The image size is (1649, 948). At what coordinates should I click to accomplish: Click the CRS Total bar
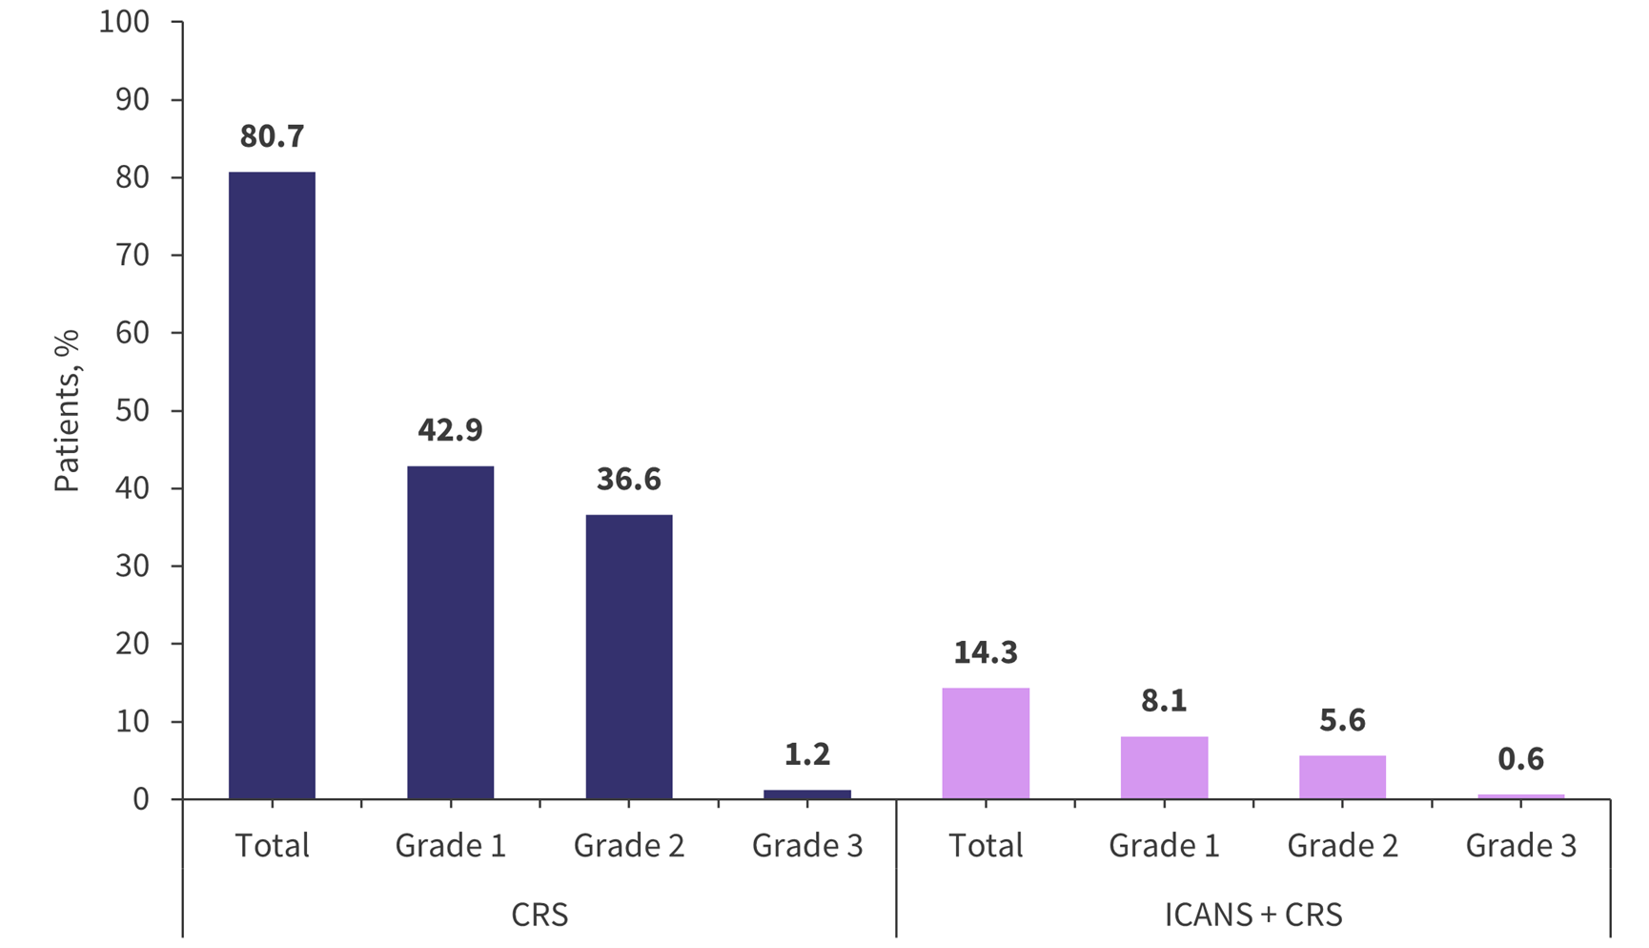pyautogui.click(x=272, y=485)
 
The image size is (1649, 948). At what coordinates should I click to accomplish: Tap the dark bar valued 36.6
pyautogui.click(x=628, y=657)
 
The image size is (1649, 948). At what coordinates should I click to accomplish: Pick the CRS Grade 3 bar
pyautogui.click(x=806, y=794)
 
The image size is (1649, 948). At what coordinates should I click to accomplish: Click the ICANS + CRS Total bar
pyautogui.click(x=985, y=743)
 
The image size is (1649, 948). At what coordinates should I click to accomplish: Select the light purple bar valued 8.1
pyautogui.click(x=1164, y=768)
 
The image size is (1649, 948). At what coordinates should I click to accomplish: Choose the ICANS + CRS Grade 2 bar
pyautogui.click(x=1342, y=777)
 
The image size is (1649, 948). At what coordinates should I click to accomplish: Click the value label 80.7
pyautogui.click(x=272, y=136)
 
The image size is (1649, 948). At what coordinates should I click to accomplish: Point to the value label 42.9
pyautogui.click(x=450, y=430)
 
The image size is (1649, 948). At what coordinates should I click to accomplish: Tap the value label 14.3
pyautogui.click(x=985, y=652)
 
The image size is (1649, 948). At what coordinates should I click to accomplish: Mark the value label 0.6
pyautogui.click(x=1520, y=759)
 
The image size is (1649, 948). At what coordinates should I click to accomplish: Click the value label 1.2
pyautogui.click(x=806, y=754)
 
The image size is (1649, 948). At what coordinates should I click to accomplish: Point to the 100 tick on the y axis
pyautogui.click(x=125, y=22)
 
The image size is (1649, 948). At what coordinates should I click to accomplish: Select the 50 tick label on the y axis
pyautogui.click(x=132, y=410)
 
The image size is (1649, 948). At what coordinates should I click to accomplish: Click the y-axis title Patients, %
pyautogui.click(x=66, y=411)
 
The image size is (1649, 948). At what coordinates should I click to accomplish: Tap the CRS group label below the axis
pyautogui.click(x=539, y=916)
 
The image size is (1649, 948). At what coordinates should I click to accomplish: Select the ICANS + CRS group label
pyautogui.click(x=1252, y=916)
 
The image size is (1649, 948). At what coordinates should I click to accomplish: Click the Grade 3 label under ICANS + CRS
pyautogui.click(x=1520, y=846)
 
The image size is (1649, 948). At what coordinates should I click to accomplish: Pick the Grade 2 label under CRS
pyautogui.click(x=628, y=846)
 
